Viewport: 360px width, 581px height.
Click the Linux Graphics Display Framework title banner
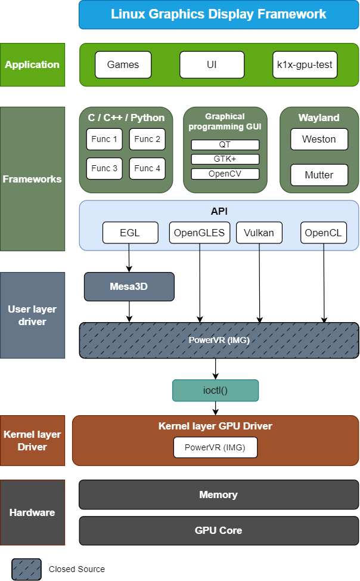pos(218,14)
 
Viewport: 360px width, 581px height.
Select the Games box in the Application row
pos(123,64)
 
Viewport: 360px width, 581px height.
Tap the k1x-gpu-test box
pos(305,64)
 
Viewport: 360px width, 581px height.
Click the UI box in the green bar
pos(212,64)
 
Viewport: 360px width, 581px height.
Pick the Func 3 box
pos(104,169)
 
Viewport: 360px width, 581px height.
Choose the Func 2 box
pos(147,139)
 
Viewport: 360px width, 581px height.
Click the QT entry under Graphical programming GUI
pos(225,144)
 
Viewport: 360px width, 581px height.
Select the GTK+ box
pos(225,159)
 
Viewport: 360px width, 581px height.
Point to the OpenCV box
pos(225,174)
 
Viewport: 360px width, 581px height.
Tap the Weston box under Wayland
pos(319,139)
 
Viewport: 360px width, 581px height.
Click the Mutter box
pos(319,175)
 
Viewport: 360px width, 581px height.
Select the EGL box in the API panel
pos(130,233)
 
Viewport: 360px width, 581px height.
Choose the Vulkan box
pos(259,233)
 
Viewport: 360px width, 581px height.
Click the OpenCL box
pos(323,233)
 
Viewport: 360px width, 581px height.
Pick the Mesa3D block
pos(129,286)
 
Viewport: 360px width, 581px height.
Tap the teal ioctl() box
pos(216,391)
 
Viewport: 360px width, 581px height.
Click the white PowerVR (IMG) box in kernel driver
pos(215,447)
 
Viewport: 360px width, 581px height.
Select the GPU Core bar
pos(219,530)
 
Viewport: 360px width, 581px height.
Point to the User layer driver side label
pos(32,316)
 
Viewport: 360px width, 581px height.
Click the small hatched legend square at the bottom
pos(27,569)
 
